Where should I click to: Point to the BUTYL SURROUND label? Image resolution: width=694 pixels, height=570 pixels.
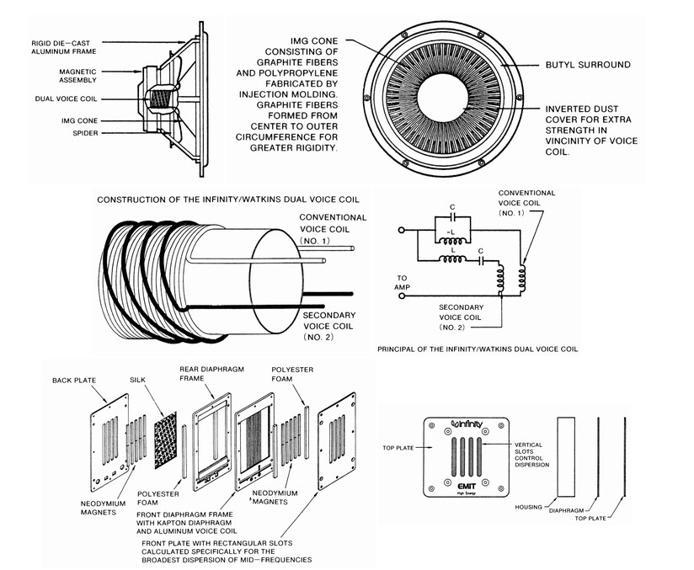(x=588, y=65)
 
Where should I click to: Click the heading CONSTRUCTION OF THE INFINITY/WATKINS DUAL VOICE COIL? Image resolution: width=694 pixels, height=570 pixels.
(x=228, y=200)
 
